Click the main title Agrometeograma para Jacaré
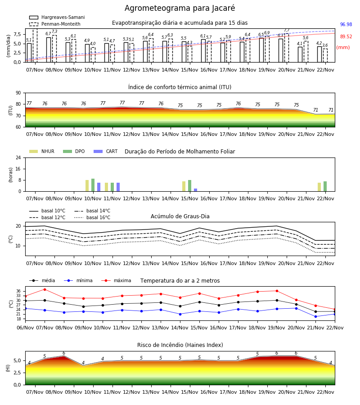[180, 8]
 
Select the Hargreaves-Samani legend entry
[57, 17]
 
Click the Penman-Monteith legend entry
[55, 24]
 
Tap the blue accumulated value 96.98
[346, 25]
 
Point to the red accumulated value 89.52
[346, 37]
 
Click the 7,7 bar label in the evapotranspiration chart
[287, 30]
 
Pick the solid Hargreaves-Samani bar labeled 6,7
[49, 50]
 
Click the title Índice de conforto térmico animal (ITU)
[180, 87]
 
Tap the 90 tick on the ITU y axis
[18, 93]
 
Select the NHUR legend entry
[42, 151]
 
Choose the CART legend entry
[106, 151]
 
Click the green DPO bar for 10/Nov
[93, 185]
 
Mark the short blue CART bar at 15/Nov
[195, 190]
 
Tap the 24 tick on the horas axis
[18, 158]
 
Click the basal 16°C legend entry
[92, 217]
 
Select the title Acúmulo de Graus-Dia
[180, 216]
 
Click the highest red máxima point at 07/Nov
[45, 289]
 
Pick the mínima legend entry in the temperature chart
[78, 280]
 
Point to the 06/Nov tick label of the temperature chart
[25, 328]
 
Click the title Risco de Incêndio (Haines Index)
[180, 345]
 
